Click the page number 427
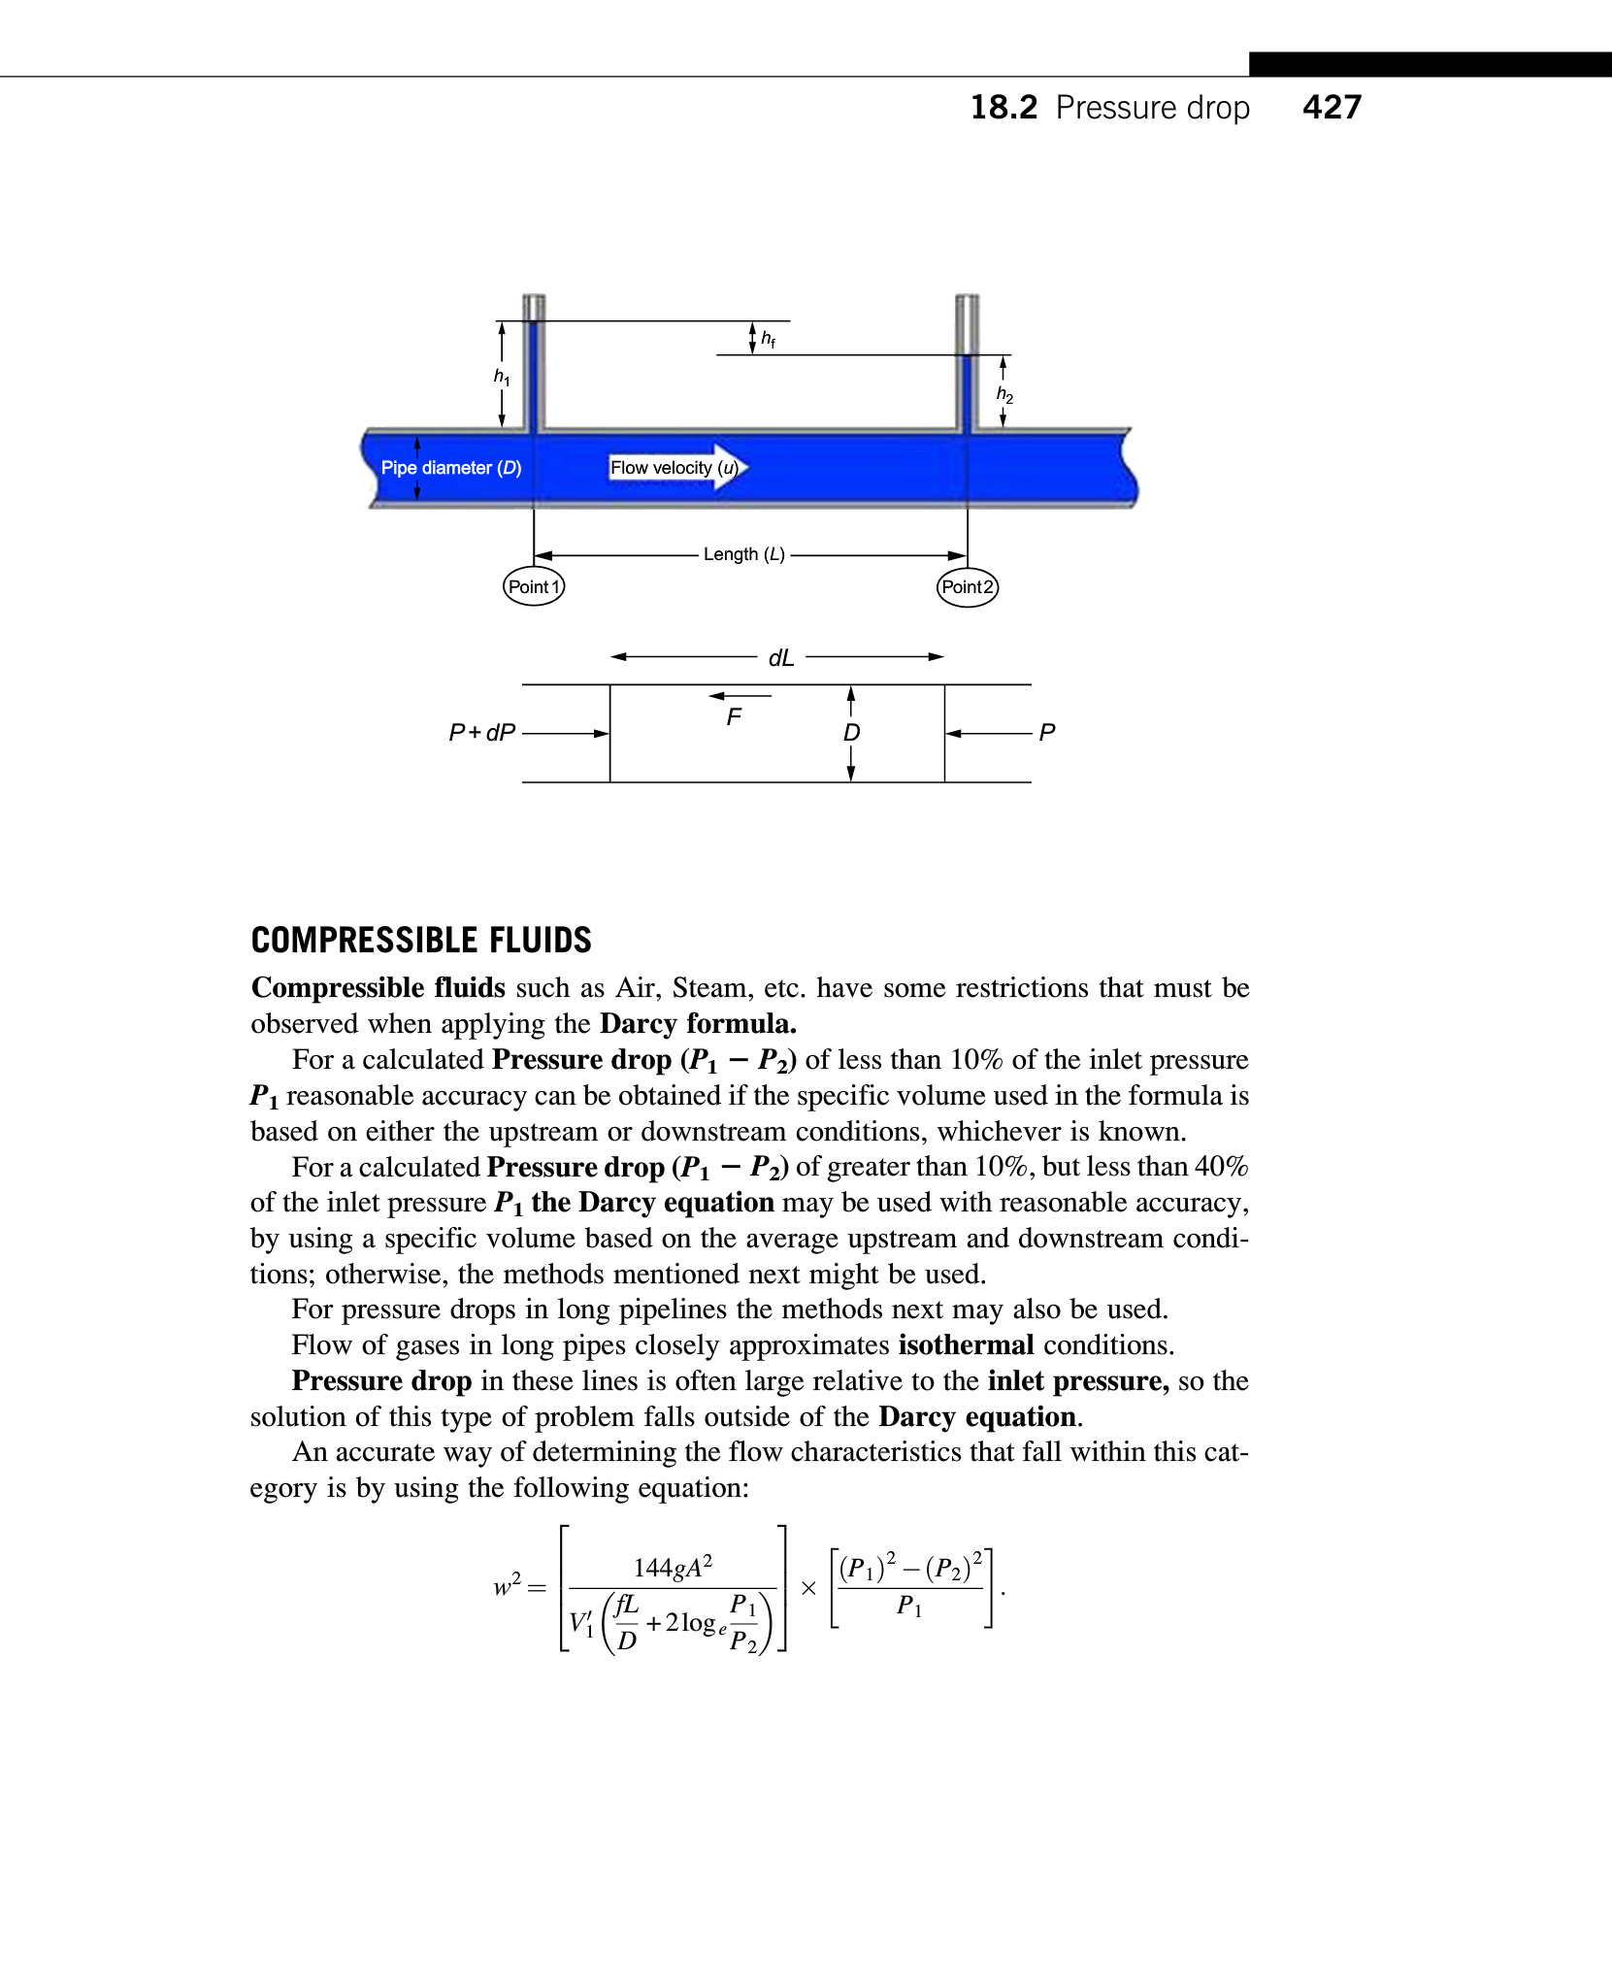[x=1332, y=107]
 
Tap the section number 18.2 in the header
[x=1003, y=107]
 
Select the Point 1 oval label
[x=534, y=586]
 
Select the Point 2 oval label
[x=968, y=586]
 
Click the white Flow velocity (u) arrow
[x=678, y=468]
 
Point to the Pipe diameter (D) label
[x=451, y=468]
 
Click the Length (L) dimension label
[x=744, y=554]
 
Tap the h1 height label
[x=501, y=377]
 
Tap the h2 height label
[x=1004, y=394]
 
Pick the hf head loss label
[x=768, y=339]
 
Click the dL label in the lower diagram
[x=781, y=658]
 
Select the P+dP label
[x=481, y=732]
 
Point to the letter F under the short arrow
[x=734, y=717]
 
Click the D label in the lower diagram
[x=851, y=733]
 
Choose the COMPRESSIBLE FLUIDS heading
[x=421, y=940]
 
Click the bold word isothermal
[x=967, y=1344]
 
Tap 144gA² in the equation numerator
[x=673, y=1567]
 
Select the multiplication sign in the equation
[x=808, y=1588]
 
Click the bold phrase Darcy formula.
[x=699, y=1023]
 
